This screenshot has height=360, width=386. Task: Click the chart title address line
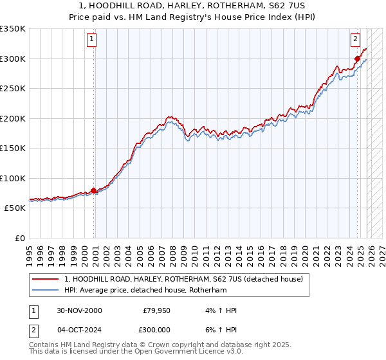[193, 5]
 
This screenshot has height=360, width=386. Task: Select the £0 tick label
[19, 238]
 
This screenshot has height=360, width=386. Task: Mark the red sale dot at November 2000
[94, 190]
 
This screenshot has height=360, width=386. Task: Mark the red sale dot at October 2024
[357, 59]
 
